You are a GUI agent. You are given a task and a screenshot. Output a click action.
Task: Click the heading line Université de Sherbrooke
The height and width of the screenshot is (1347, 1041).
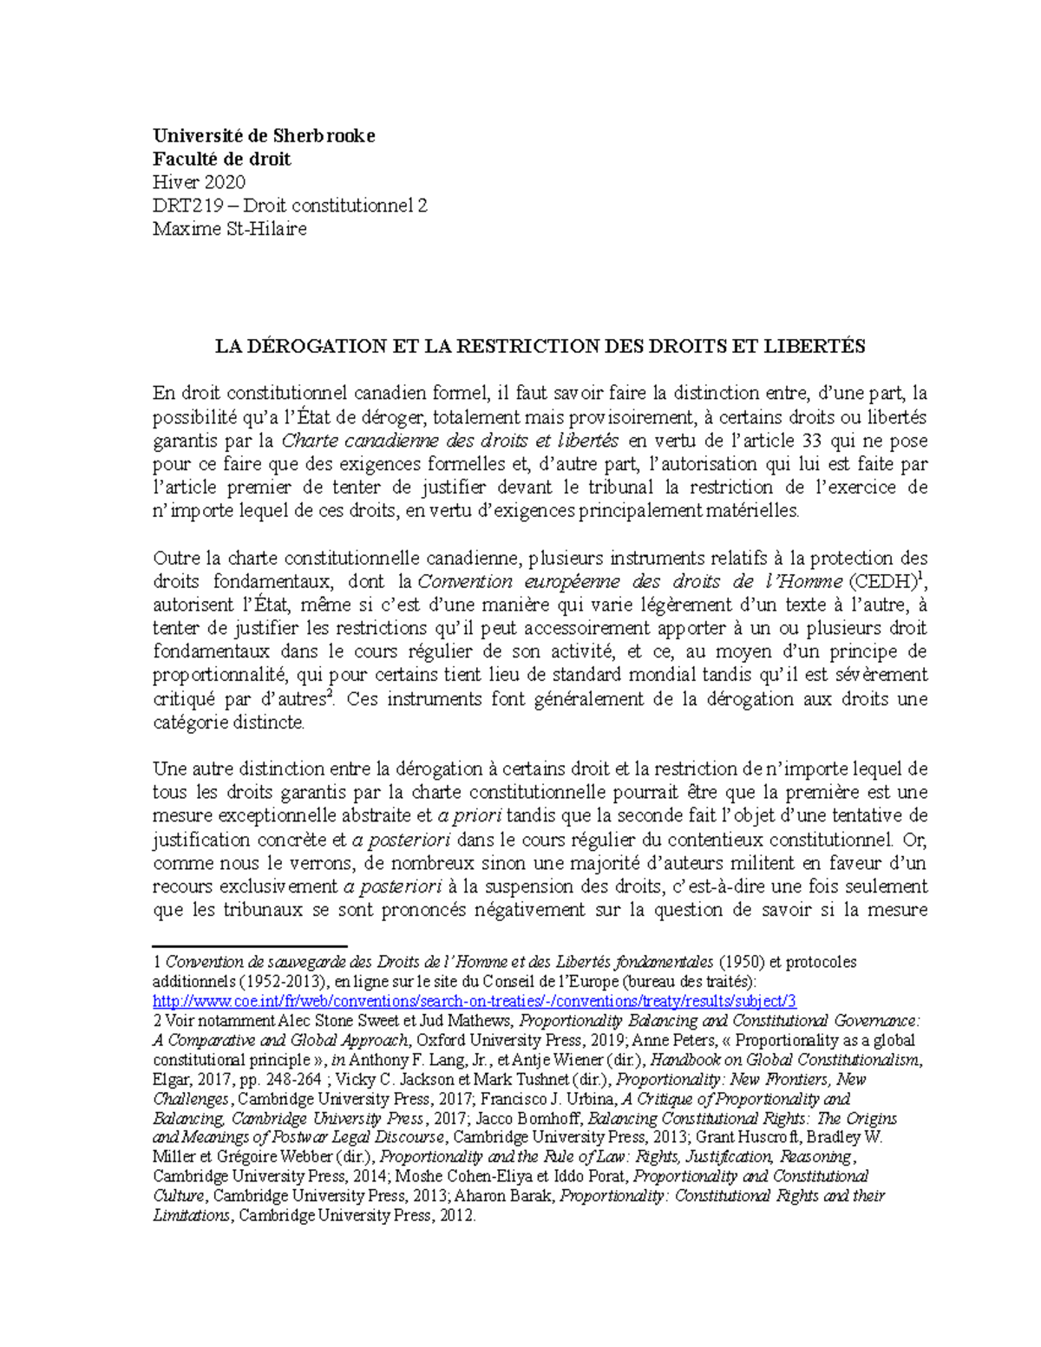pyautogui.click(x=264, y=135)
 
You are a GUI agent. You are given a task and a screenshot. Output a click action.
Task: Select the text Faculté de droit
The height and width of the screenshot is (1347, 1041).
pyautogui.click(x=222, y=159)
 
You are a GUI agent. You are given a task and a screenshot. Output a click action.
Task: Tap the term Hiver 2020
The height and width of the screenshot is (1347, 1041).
pyautogui.click(x=199, y=182)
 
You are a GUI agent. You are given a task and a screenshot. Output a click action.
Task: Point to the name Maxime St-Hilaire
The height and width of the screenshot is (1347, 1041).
pyautogui.click(x=229, y=229)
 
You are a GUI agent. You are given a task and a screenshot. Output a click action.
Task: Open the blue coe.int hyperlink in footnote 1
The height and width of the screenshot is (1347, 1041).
pyautogui.click(x=474, y=1000)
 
